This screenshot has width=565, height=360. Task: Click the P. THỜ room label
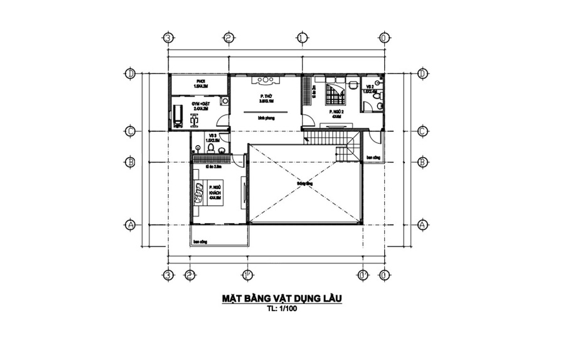(x=266, y=97)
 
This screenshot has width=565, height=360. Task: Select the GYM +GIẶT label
(x=201, y=105)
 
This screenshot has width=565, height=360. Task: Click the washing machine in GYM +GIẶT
(x=224, y=100)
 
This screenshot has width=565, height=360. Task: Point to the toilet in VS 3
(x=212, y=148)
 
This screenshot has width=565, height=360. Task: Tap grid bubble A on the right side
(x=422, y=224)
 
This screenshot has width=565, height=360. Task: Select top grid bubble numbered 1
(x=303, y=38)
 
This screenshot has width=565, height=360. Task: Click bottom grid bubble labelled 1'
(x=247, y=275)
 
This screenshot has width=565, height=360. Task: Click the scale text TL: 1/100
(x=281, y=309)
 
